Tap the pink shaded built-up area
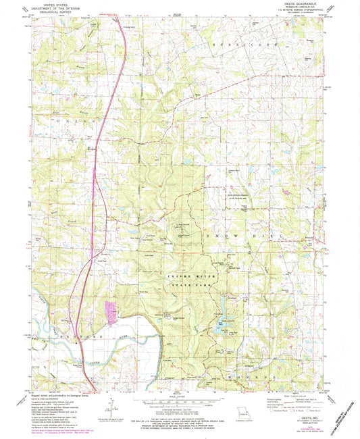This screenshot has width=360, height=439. point(110,311)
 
